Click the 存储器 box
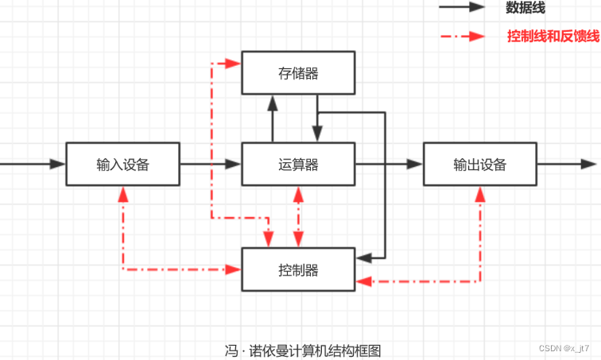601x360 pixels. coord(298,73)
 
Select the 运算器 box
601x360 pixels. coord(298,165)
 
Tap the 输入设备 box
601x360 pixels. coord(122,165)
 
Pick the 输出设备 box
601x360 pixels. coord(479,165)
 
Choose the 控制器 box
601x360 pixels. coord(298,269)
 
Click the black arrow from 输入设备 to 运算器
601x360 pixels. coord(211,165)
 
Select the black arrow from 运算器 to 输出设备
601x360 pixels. coord(389,165)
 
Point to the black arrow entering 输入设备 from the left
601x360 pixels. coord(32,165)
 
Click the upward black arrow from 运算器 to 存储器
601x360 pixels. coord(273,119)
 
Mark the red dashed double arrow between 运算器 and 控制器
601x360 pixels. coord(298,217)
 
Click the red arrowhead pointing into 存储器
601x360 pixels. coord(234,63)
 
